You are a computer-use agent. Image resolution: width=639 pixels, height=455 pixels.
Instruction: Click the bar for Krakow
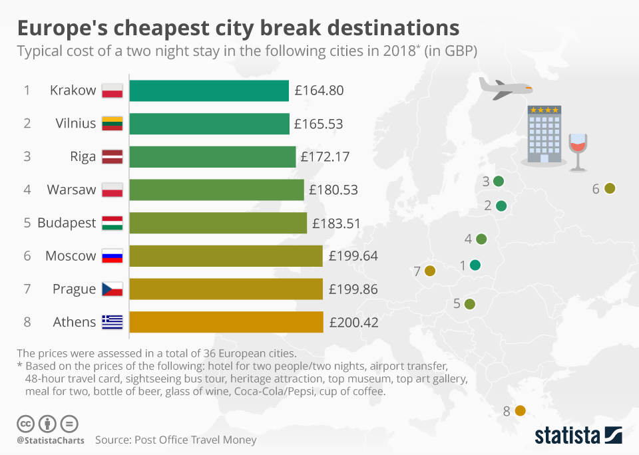pyautogui.click(x=209, y=90)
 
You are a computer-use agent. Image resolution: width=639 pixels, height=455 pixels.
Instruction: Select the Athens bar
pyautogui.click(x=226, y=322)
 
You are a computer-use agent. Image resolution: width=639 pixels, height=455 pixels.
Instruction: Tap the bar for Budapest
pyautogui.click(x=218, y=223)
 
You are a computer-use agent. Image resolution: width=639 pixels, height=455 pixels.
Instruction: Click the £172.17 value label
pyautogui.click(x=325, y=157)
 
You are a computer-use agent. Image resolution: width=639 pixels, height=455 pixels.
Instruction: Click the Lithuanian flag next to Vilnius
pyautogui.click(x=112, y=124)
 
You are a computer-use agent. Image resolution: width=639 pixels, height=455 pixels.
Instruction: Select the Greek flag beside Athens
pyautogui.click(x=112, y=322)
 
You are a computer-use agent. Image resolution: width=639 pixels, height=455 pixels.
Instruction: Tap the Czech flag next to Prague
pyautogui.click(x=112, y=289)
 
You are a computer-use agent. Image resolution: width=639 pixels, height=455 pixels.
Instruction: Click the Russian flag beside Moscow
pyautogui.click(x=112, y=256)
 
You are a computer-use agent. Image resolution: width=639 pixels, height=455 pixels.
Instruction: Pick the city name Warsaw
pyautogui.click(x=71, y=190)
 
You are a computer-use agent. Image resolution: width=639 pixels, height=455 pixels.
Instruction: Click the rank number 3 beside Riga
pyautogui.click(x=27, y=157)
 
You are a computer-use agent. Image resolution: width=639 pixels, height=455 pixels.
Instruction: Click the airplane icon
pyautogui.click(x=505, y=88)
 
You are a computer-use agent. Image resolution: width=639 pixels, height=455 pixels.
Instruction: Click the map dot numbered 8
pyautogui.click(x=521, y=411)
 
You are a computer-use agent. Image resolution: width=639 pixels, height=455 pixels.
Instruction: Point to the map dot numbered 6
pyautogui.click(x=609, y=189)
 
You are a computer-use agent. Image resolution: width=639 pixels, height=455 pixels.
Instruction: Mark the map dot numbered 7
pyautogui.click(x=429, y=271)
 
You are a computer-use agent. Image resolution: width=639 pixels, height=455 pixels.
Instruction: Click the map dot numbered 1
pyautogui.click(x=475, y=265)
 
